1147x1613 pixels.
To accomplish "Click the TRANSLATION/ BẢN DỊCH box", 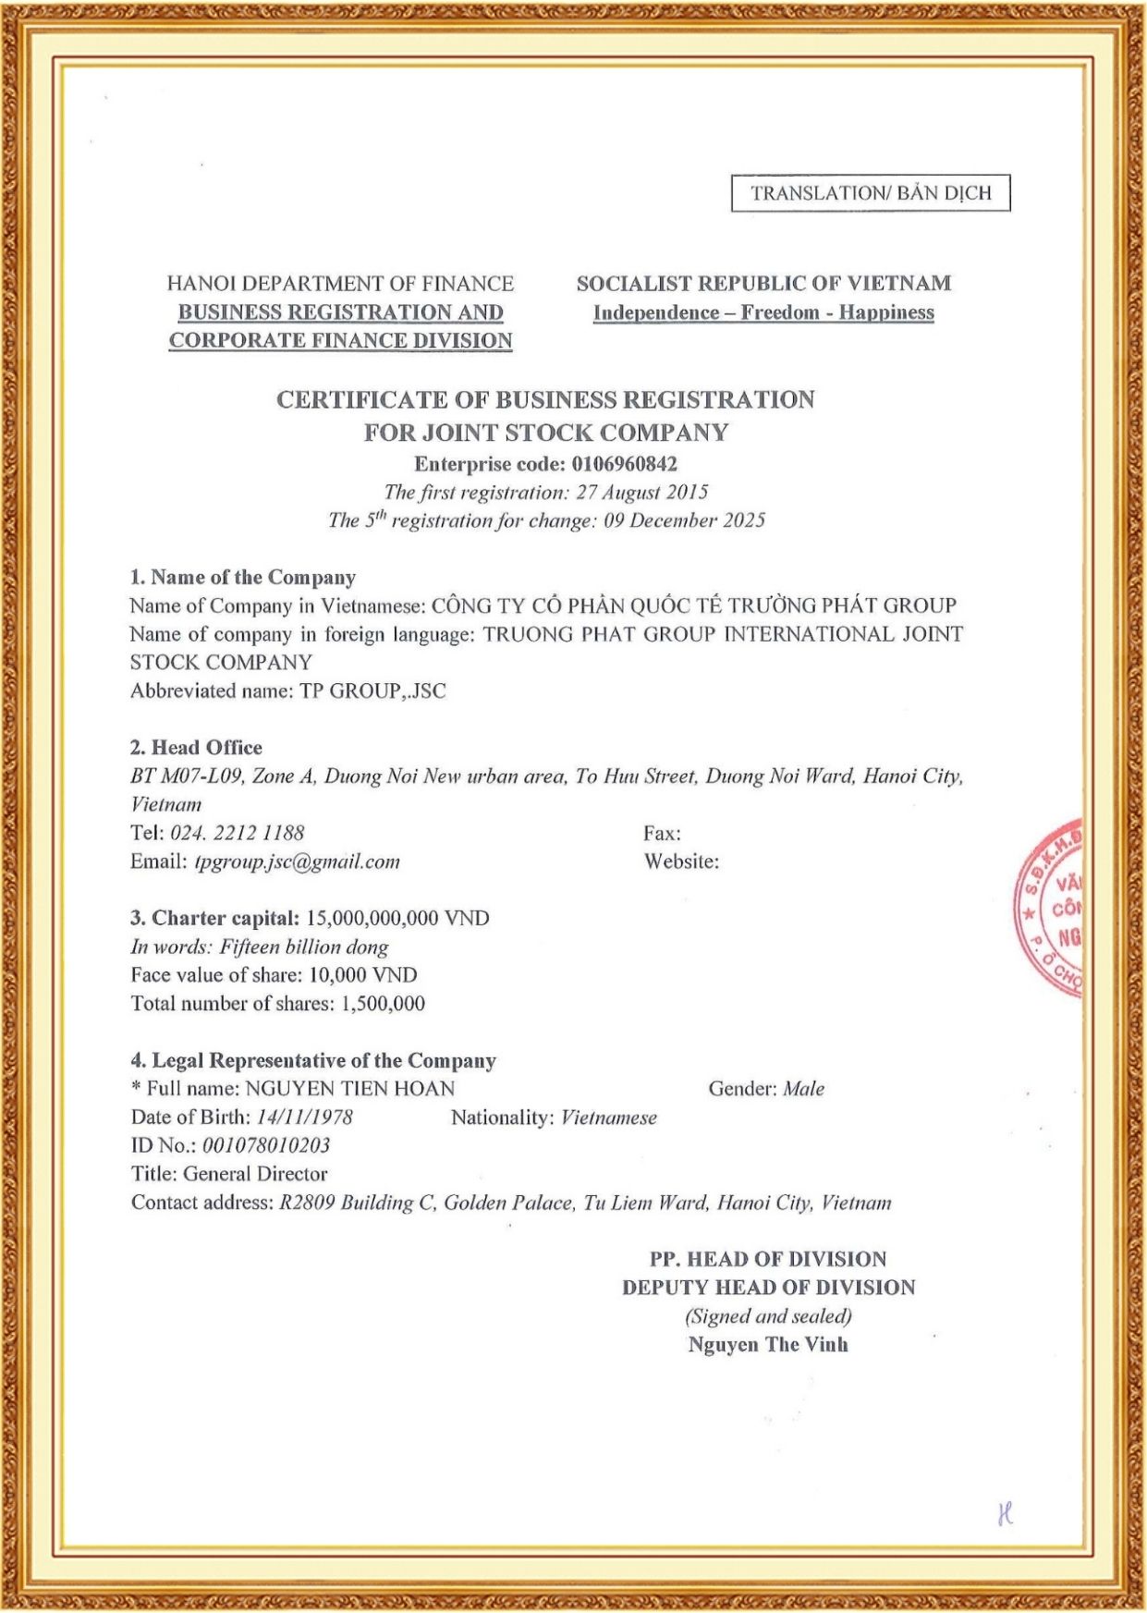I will pos(871,193).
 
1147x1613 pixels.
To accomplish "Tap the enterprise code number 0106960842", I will pos(624,464).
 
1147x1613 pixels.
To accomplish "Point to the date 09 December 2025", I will pos(685,520).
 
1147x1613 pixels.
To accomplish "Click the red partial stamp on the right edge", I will pos(1051,909).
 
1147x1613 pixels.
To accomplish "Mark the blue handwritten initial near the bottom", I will pos(1006,1513).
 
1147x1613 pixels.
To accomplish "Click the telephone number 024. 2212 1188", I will pos(238,833).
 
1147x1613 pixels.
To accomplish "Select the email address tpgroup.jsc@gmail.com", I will pos(298,861).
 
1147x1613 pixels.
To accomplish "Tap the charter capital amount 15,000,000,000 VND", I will pos(397,919).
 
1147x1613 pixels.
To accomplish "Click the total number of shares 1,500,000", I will pos(383,1004).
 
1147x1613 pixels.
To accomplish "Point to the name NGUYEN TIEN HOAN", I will pos(350,1089).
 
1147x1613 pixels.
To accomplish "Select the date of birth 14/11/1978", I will pos(305,1118).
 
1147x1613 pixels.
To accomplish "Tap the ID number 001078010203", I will pos(266,1146).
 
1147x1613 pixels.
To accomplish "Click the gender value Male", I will pos(803,1089).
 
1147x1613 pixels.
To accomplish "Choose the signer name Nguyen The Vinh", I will pos(767,1345).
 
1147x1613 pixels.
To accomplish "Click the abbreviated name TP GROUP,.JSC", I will pos(372,691).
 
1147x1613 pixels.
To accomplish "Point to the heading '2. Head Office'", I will pos(196,748).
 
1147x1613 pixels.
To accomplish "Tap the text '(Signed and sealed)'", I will pos(768,1316).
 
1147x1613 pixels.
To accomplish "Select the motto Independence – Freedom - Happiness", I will pos(763,312).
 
